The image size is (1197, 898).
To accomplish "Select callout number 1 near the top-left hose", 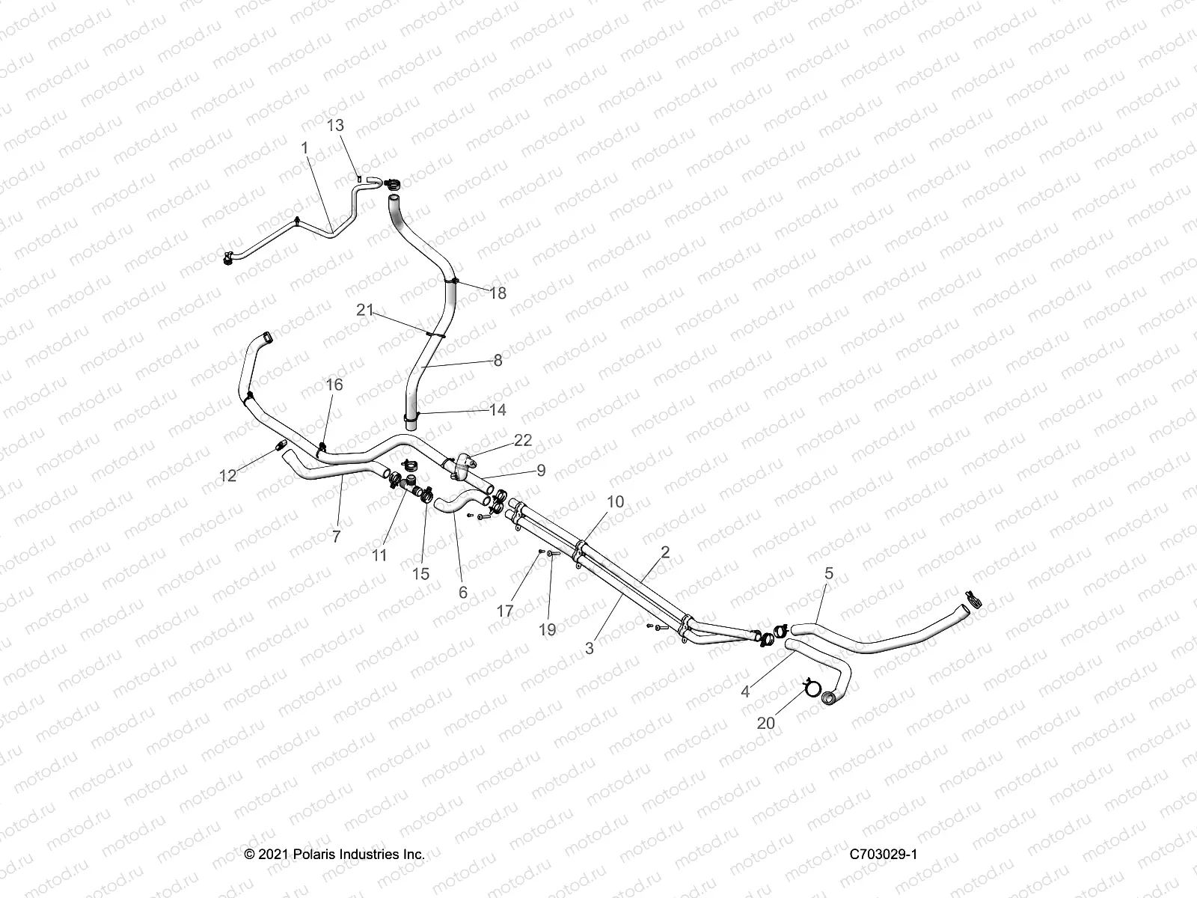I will click(x=304, y=148).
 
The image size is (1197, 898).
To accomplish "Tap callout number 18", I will click(x=498, y=293).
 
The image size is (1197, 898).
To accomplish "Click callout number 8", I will click(x=498, y=361).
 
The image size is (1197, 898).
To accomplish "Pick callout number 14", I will click(x=498, y=409).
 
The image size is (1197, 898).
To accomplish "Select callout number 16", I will click(x=334, y=385).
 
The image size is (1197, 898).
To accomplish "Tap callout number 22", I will click(x=523, y=440).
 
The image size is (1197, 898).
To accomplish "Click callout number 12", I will click(x=227, y=475).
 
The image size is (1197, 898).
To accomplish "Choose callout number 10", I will click(x=614, y=501).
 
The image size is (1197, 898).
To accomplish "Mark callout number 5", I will click(x=828, y=573).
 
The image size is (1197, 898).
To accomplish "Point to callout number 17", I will click(x=505, y=611).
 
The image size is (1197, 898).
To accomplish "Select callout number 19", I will click(x=548, y=629).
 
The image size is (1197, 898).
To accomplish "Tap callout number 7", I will click(x=336, y=536).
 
